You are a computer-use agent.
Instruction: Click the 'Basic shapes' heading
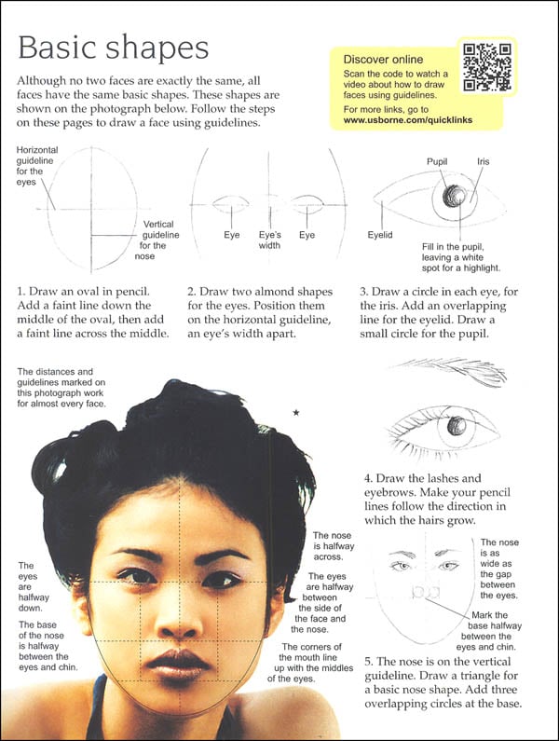click(114, 48)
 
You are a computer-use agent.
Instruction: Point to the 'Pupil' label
click(438, 161)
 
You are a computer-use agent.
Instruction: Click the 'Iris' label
click(483, 161)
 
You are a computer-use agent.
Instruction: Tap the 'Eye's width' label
click(270, 240)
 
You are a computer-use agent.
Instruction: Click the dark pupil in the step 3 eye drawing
click(456, 197)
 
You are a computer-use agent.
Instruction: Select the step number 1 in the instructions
click(21, 291)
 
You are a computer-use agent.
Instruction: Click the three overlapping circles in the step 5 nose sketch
click(419, 593)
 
